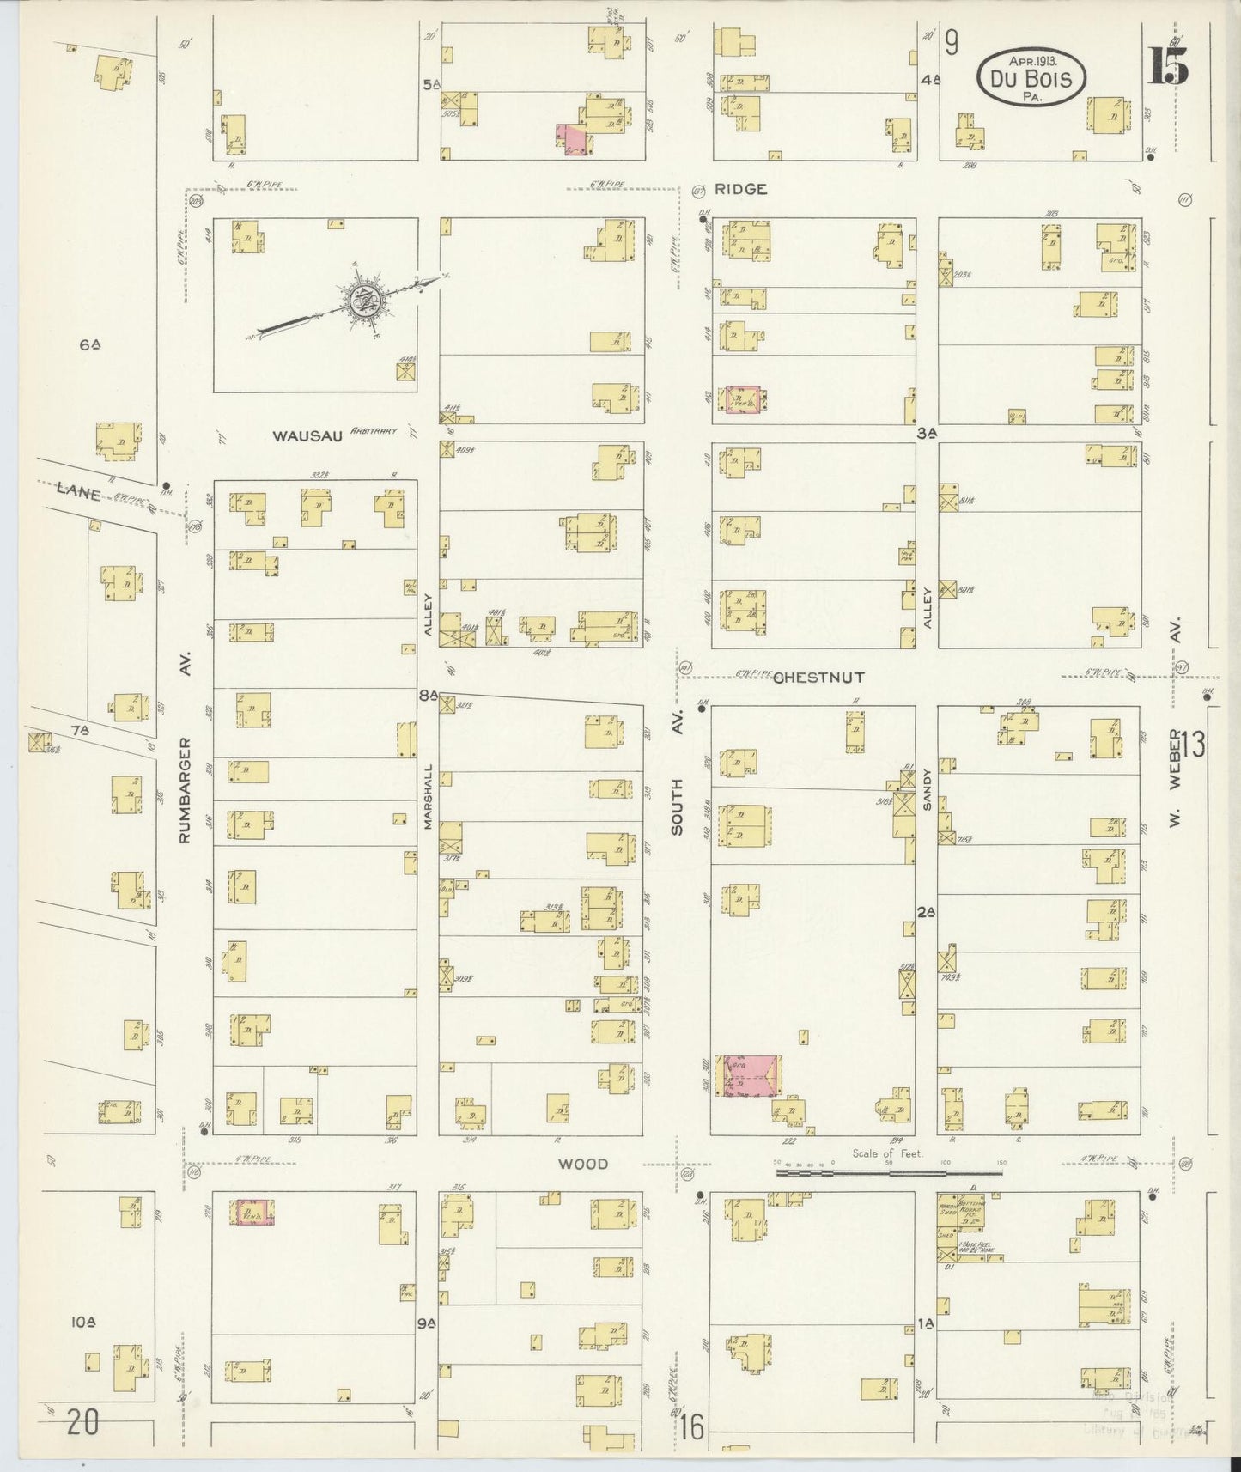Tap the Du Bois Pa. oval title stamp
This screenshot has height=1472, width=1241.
[x=1031, y=78]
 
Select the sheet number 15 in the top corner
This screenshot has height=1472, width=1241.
[x=1169, y=67]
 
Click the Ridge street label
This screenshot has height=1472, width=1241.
[x=740, y=189]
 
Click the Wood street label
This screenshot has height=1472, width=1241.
[x=583, y=1164]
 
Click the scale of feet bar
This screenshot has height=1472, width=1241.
[x=889, y=1170]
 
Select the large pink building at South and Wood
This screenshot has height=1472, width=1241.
[x=748, y=1075]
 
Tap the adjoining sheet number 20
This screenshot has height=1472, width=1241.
[x=82, y=1422]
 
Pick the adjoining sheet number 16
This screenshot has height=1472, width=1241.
[x=692, y=1428]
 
